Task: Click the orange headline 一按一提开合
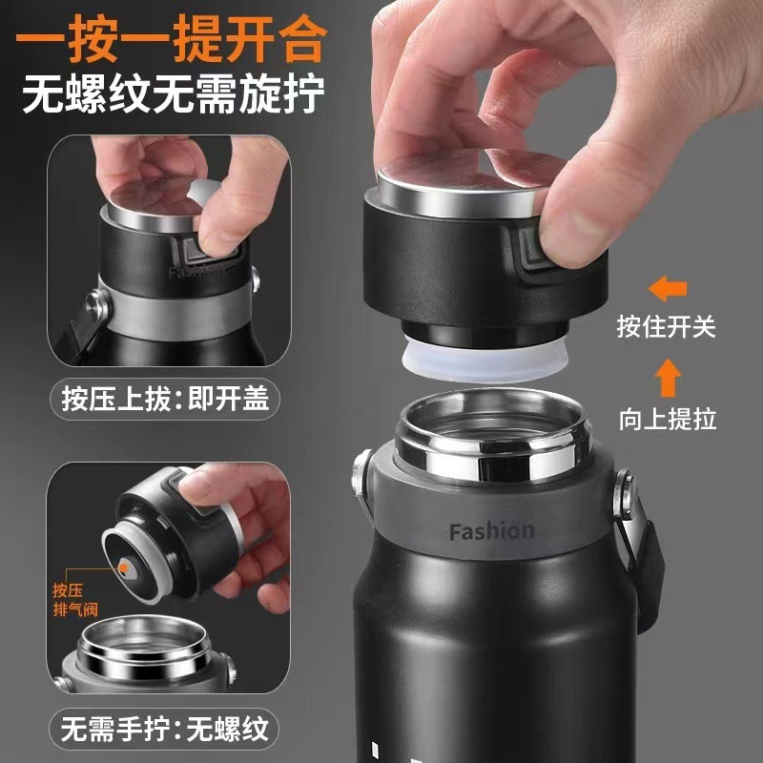(x=171, y=38)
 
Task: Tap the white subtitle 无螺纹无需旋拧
(x=174, y=93)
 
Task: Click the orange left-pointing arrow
(x=668, y=289)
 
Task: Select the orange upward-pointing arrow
(x=668, y=378)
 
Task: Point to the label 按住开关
(x=666, y=326)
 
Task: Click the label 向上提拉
(x=668, y=419)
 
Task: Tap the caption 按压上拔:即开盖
(x=165, y=399)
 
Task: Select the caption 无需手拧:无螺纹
(x=164, y=729)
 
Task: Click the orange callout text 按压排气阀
(x=75, y=600)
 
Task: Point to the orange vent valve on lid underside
(x=125, y=567)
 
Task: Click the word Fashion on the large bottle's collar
(x=491, y=531)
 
